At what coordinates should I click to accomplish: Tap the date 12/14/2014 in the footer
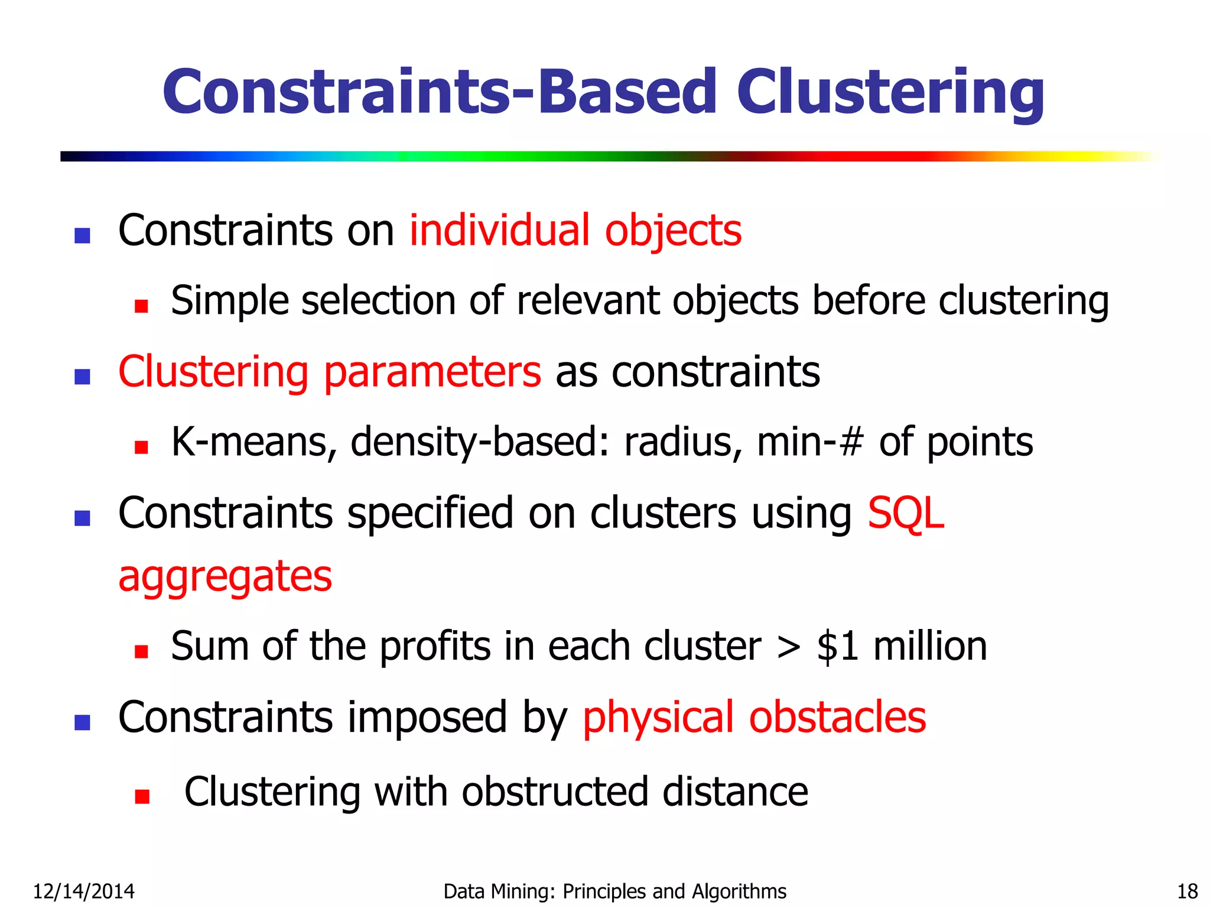tap(83, 891)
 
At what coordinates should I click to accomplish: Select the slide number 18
tap(1187, 891)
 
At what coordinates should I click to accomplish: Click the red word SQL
tap(905, 513)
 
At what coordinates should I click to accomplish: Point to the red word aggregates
tap(225, 576)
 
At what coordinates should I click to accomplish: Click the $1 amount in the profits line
tap(838, 646)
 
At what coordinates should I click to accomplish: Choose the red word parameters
tap(432, 372)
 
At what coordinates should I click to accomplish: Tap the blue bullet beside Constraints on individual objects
tap(82, 236)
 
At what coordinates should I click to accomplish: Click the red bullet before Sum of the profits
tap(141, 651)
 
